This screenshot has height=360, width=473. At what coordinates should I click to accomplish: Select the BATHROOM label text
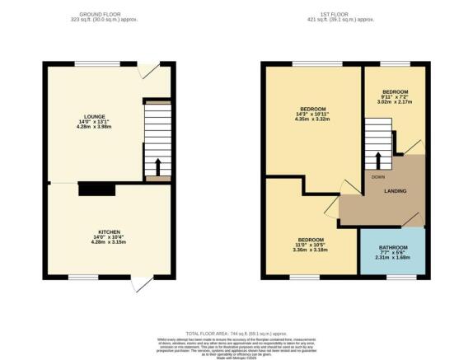click(x=392, y=246)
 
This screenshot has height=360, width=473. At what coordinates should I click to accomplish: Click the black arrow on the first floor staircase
click(x=379, y=159)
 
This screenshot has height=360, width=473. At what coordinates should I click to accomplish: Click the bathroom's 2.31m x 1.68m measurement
click(x=392, y=257)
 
